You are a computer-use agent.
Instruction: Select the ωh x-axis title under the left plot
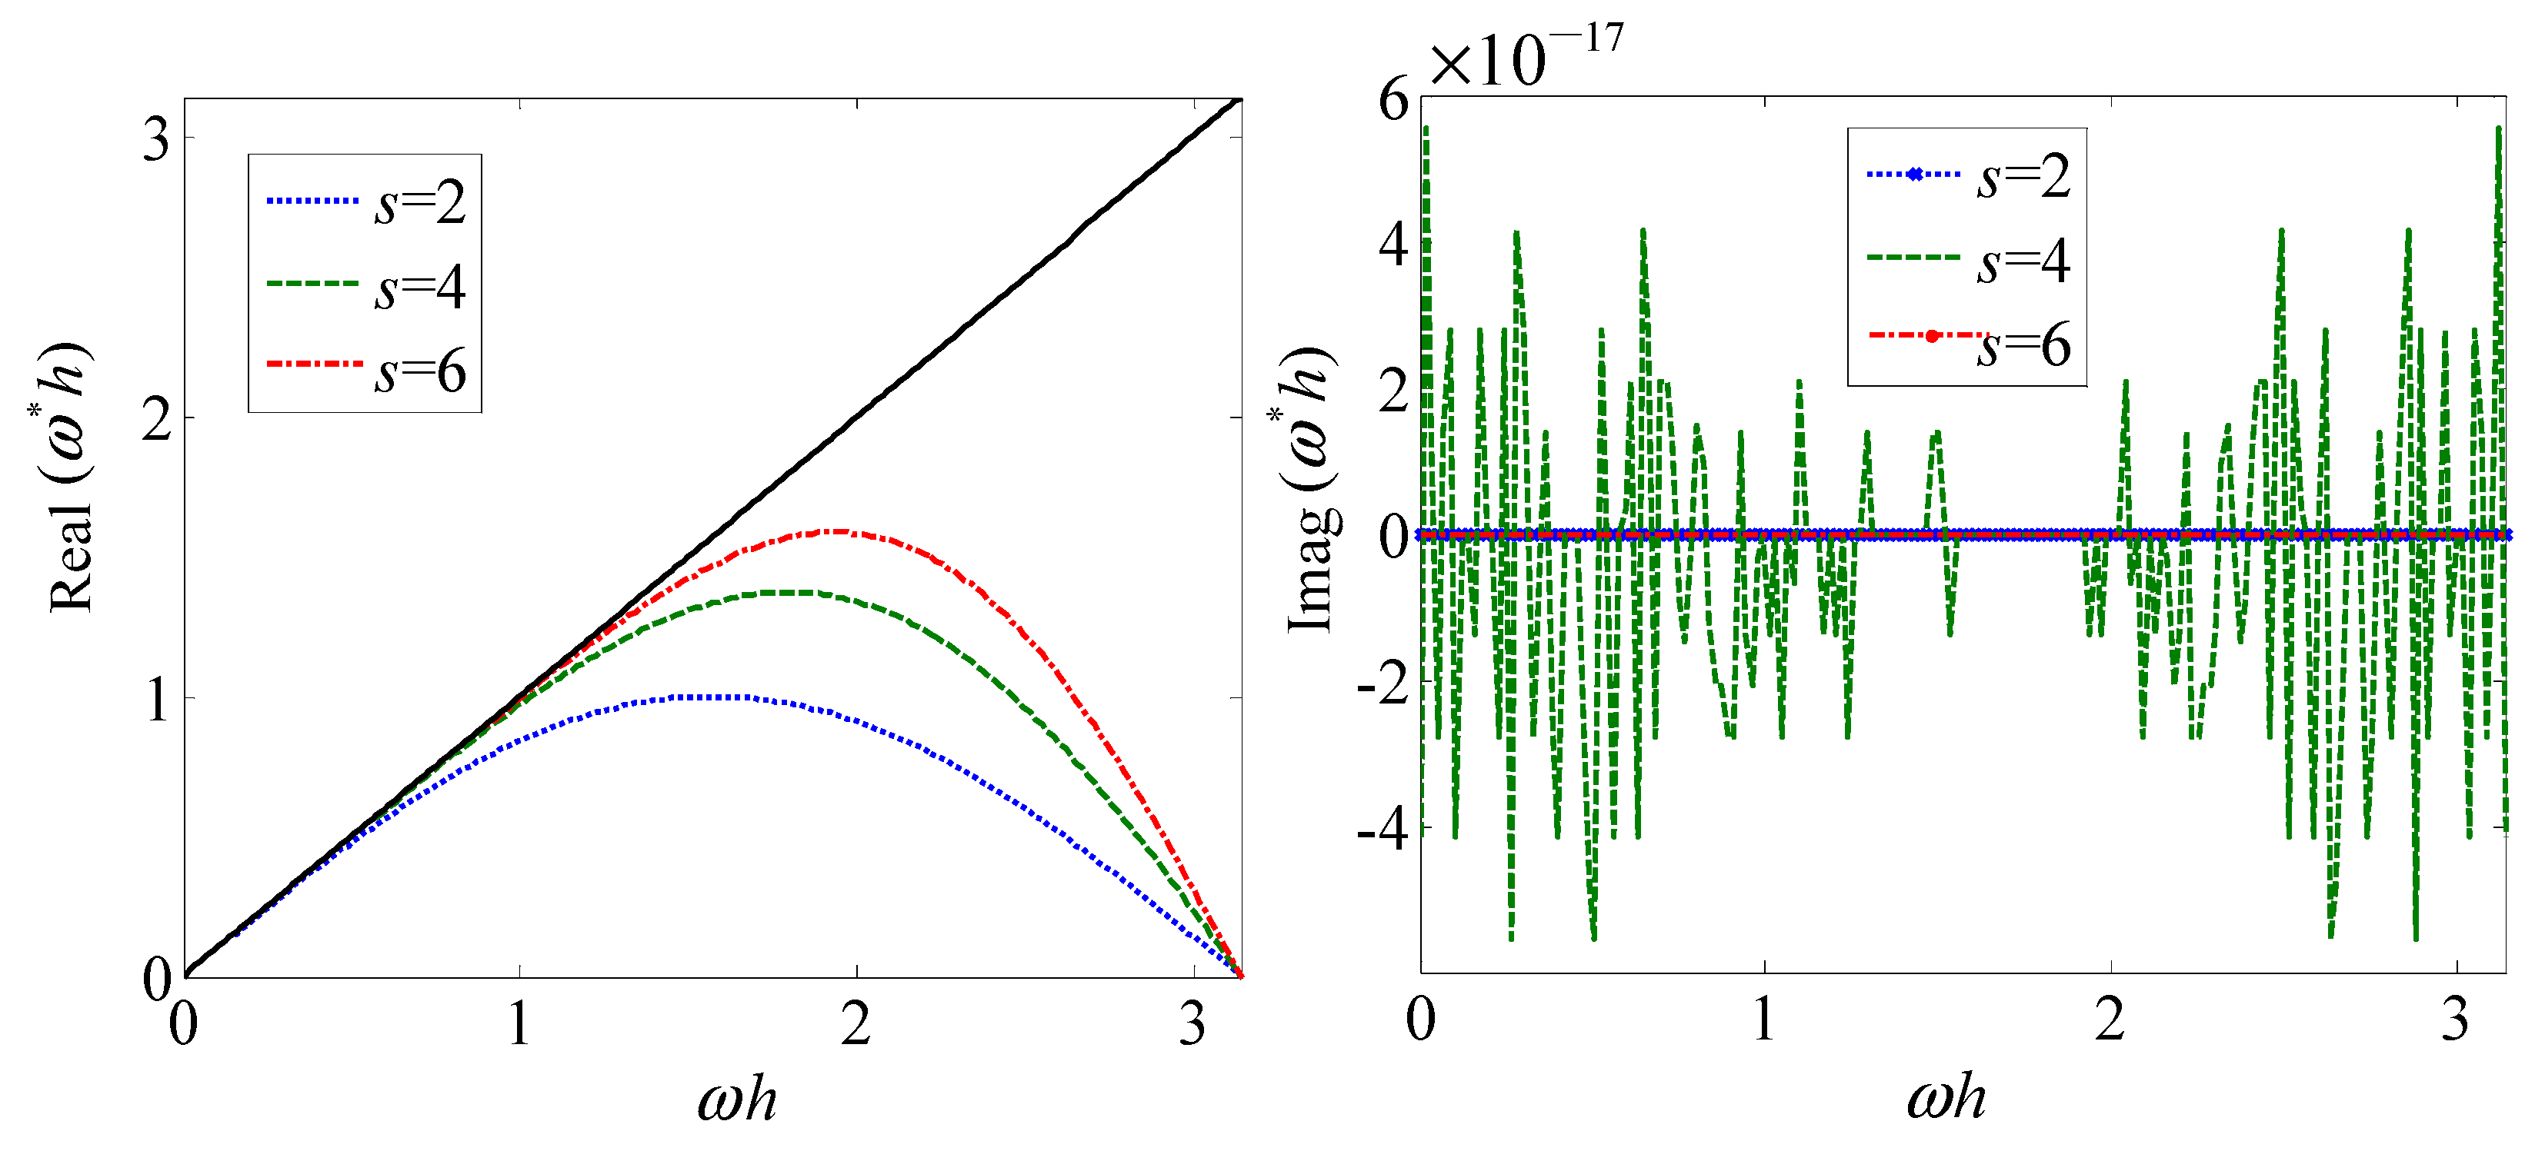point(736,1099)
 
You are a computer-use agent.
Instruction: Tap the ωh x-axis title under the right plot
point(1946,1097)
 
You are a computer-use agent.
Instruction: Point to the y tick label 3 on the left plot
point(155,140)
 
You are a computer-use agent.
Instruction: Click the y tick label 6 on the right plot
point(1393,101)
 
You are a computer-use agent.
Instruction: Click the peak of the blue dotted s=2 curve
point(709,697)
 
